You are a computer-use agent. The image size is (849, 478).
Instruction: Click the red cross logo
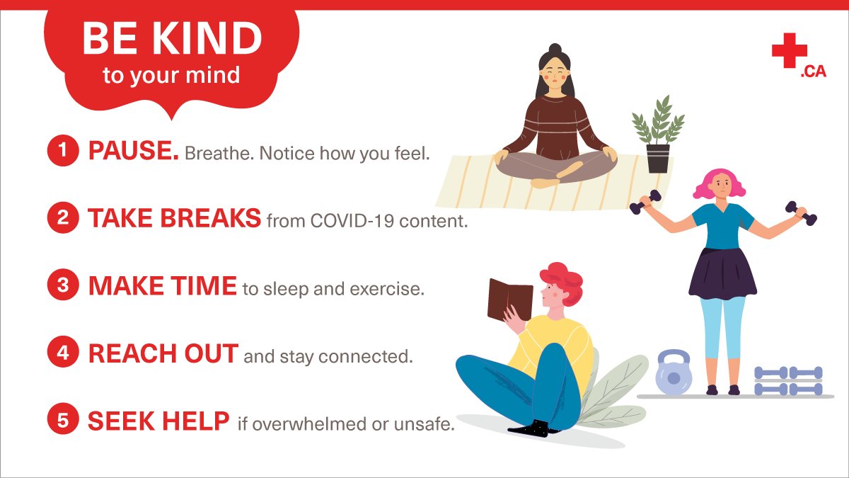click(789, 51)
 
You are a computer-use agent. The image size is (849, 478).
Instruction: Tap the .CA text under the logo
click(813, 72)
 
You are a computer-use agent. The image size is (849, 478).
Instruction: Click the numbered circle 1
click(63, 151)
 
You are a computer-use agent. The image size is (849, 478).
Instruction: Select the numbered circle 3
click(63, 286)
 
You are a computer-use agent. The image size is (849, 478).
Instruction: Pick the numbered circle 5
click(63, 421)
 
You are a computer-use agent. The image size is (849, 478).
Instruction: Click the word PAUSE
click(133, 151)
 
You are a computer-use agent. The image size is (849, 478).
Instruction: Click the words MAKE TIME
click(162, 286)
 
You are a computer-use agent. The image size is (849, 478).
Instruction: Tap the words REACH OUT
click(163, 354)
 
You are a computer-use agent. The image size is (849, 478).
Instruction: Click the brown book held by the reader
click(509, 300)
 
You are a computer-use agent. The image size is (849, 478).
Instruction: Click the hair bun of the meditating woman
click(554, 50)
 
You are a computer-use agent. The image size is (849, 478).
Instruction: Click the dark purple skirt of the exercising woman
click(722, 273)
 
